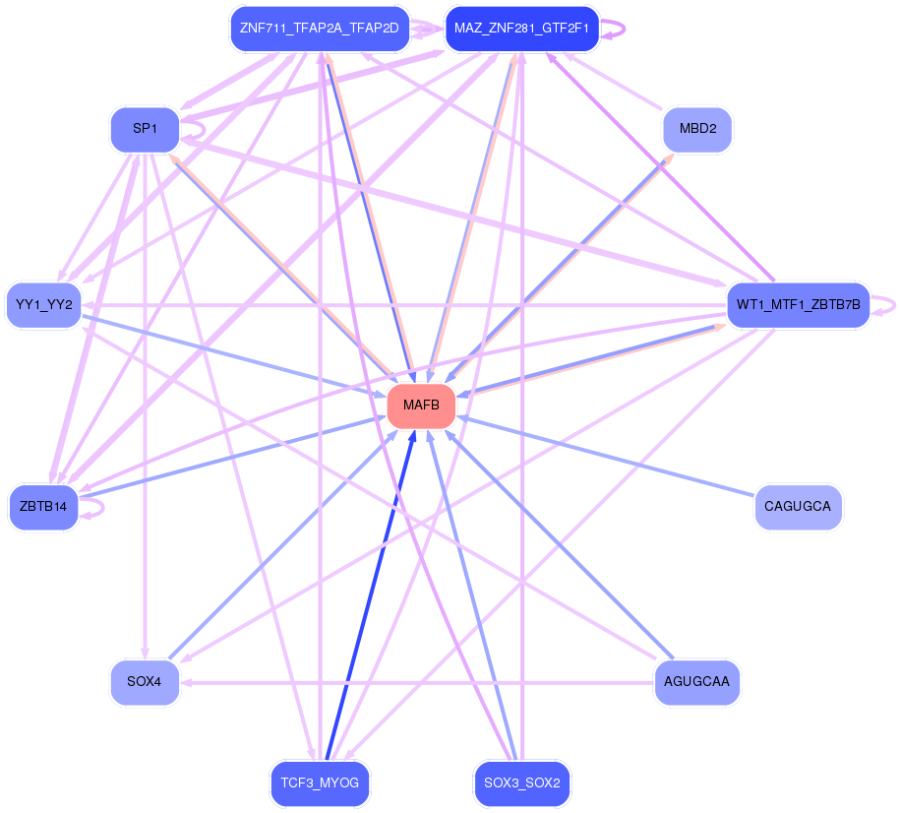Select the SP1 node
point(145,130)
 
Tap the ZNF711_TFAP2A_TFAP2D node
point(319,29)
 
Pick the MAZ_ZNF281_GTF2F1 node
point(521,29)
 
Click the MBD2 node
point(697,130)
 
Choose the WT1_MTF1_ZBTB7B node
point(798,305)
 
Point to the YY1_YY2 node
point(44,305)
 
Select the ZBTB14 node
point(43,507)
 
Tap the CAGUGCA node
point(798,507)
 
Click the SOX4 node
point(145,682)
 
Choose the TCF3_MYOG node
point(320,783)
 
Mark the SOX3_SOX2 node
point(521,783)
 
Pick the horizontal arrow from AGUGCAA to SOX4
point(418,682)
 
